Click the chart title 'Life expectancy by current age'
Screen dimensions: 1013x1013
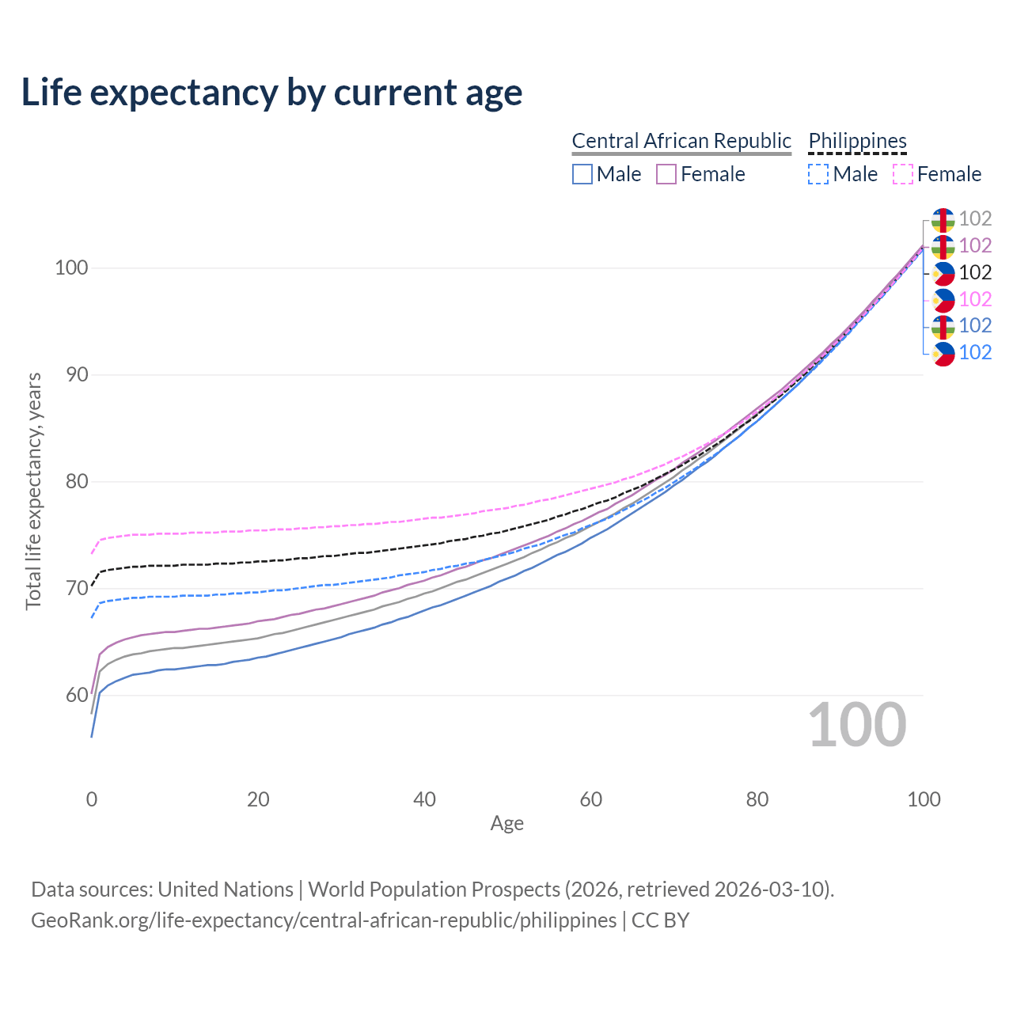(x=271, y=92)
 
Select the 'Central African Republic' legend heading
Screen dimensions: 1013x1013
(x=681, y=141)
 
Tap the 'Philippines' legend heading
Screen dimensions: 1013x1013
(x=857, y=141)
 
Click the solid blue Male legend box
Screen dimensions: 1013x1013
(x=582, y=174)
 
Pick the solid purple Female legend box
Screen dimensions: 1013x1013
(x=666, y=174)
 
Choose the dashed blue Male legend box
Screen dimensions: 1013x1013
(x=818, y=174)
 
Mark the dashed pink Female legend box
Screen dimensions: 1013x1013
(x=903, y=174)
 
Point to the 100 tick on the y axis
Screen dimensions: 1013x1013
(x=70, y=267)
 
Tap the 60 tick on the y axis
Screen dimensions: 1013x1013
(x=76, y=695)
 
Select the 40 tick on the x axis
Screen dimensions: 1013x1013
(x=424, y=799)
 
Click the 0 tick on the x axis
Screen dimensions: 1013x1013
(x=92, y=799)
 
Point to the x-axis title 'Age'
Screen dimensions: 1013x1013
(x=506, y=824)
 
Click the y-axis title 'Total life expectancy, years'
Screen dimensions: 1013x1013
(x=33, y=491)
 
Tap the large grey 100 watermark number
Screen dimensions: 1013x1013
(x=857, y=725)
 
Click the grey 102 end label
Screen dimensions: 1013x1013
(x=975, y=218)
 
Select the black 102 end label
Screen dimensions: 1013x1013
(x=975, y=272)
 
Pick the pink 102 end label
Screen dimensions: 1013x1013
(x=975, y=299)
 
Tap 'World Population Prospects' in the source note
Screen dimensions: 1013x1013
(x=434, y=890)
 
